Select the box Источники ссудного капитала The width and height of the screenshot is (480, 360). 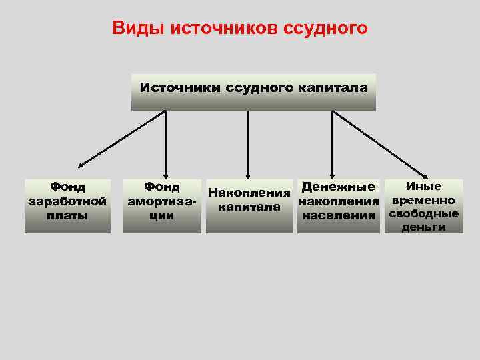(x=253, y=92)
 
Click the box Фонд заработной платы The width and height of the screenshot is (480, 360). (x=67, y=205)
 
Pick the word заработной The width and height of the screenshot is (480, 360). (x=67, y=201)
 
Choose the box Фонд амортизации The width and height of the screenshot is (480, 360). (x=161, y=205)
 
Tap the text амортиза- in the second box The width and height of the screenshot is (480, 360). (x=162, y=201)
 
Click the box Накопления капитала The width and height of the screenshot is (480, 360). (x=249, y=206)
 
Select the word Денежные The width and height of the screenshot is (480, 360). (x=338, y=187)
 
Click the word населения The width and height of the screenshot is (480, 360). (x=338, y=215)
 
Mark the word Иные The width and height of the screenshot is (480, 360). (x=423, y=186)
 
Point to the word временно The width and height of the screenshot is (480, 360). (x=423, y=200)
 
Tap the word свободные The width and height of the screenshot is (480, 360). (x=423, y=214)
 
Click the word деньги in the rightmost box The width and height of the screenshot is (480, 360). (x=423, y=227)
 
